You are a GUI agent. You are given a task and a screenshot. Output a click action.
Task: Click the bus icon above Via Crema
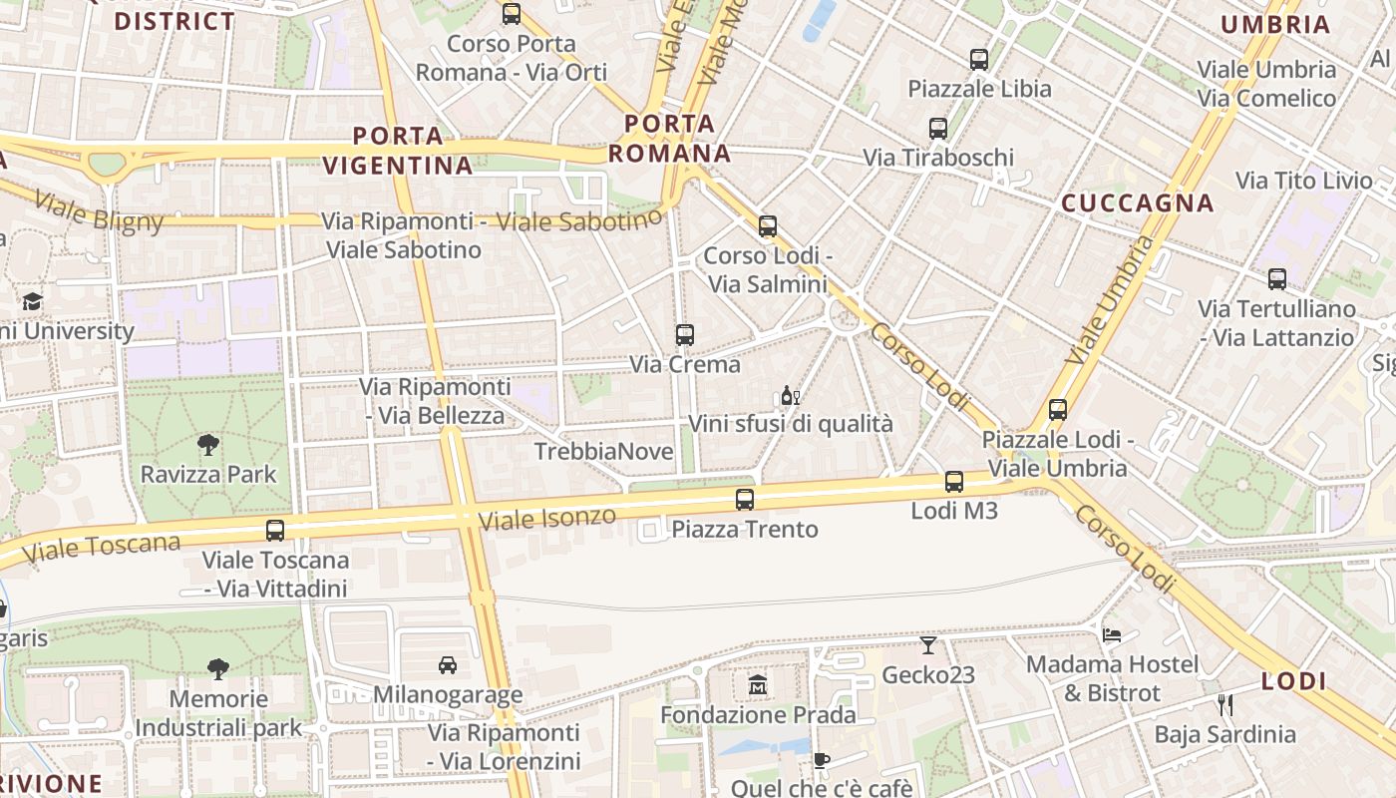coord(684,335)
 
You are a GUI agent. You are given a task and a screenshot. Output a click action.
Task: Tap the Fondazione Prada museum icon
coord(758,686)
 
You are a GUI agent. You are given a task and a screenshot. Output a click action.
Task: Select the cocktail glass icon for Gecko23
coord(928,645)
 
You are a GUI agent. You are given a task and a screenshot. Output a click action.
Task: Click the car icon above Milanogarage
coord(448,665)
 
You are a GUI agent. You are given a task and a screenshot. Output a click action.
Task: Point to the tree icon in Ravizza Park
coord(207,445)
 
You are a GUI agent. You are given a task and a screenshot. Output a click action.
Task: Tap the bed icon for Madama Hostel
coord(1112,634)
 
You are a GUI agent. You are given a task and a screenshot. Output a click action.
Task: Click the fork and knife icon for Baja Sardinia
coord(1224,705)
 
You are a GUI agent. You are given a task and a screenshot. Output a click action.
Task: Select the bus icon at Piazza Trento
coord(744,500)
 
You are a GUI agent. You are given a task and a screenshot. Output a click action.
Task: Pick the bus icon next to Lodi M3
coord(954,482)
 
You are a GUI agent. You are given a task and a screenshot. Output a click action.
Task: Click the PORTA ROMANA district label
coord(670,139)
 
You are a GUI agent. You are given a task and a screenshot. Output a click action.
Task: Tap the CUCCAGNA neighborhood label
coord(1137,203)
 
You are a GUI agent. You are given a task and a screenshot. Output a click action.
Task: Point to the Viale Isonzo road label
coord(547,518)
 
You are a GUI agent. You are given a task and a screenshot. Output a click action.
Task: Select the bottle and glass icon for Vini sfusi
coord(791,396)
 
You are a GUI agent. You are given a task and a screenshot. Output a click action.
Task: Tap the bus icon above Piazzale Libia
coord(979,60)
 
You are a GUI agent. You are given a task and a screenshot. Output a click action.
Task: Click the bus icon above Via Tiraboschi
coord(938,129)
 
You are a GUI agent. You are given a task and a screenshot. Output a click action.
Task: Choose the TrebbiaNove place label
coord(604,452)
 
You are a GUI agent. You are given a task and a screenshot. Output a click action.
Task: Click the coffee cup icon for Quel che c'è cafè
coord(821,761)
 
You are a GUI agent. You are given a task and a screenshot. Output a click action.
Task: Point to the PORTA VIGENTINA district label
coord(398,151)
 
